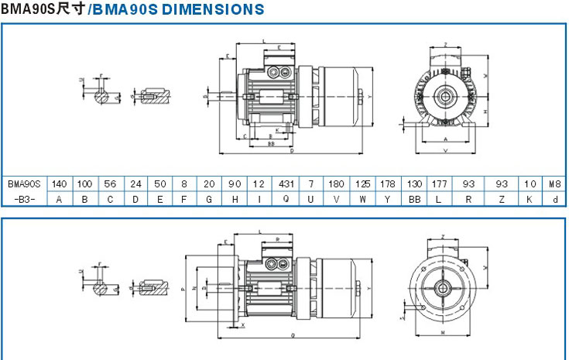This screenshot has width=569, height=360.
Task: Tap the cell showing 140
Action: coord(59,184)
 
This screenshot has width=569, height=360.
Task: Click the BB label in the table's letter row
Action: coord(413,199)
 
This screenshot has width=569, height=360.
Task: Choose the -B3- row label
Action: coord(24,199)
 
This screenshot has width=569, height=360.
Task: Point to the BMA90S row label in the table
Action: coord(24,184)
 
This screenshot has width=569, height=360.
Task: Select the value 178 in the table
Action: coord(387,184)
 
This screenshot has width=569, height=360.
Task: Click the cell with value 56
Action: coord(110,184)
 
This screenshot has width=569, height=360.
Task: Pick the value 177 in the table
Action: coord(439,184)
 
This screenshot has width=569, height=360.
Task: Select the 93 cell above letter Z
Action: coord(501,184)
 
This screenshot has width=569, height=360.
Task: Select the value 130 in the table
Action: coord(413,184)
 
